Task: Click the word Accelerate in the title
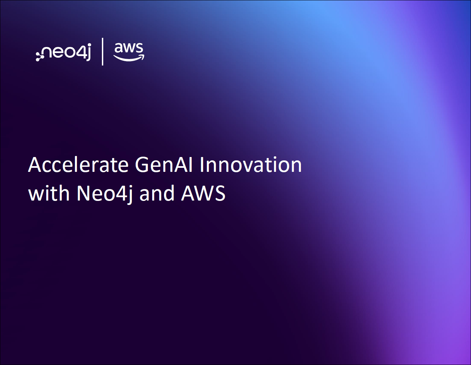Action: point(78,165)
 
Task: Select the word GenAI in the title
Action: point(164,165)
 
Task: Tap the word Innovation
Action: point(251,164)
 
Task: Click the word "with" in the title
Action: point(49,193)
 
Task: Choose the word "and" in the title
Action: point(157,193)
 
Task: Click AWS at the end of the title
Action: point(203,193)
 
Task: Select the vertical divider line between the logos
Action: point(103,52)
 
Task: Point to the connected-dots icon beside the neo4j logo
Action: point(39,56)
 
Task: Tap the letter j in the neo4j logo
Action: point(89,52)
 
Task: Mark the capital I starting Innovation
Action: point(201,165)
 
